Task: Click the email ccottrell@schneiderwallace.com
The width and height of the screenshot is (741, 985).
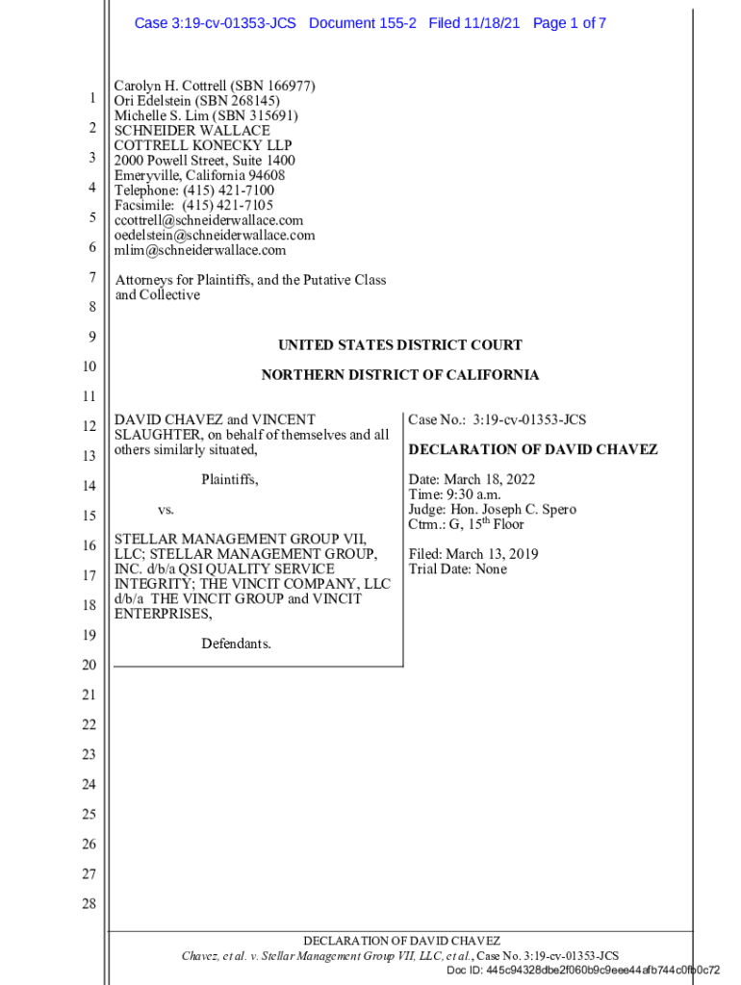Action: coord(209,220)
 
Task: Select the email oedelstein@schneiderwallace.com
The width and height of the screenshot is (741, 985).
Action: coord(215,236)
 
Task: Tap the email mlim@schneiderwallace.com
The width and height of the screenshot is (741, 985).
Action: coord(200,250)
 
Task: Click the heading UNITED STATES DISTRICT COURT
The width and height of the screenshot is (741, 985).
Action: coord(400,345)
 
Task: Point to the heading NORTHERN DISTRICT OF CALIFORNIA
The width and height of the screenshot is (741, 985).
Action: coord(400,375)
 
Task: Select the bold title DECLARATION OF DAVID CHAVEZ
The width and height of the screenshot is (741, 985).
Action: coord(533,449)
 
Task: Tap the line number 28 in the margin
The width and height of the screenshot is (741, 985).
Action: coord(89,904)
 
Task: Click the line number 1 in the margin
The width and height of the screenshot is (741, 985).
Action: coord(90,98)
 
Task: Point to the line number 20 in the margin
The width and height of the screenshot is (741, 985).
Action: coord(89,666)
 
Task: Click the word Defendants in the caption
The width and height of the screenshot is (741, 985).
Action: coord(236,644)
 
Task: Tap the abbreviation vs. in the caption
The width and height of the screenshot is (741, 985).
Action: coord(166,510)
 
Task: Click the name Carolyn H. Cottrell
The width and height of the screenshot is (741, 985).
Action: coord(169,87)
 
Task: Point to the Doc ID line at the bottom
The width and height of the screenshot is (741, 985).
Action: coord(583,970)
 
